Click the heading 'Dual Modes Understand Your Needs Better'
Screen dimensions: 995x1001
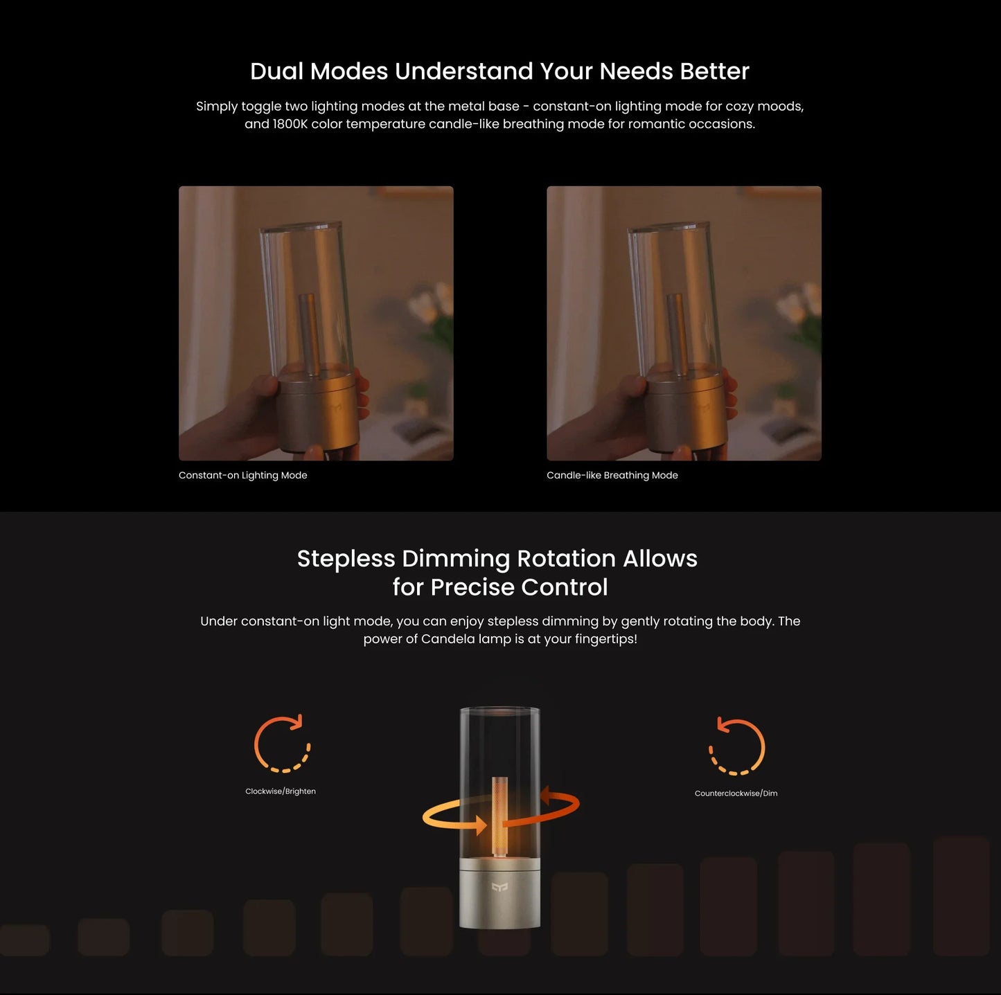point(499,71)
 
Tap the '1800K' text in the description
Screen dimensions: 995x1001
point(290,124)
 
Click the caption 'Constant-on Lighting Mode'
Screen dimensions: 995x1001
point(242,475)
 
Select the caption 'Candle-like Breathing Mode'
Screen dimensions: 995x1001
point(612,475)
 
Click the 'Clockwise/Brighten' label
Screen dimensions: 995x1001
point(280,791)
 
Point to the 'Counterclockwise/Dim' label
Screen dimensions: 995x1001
point(736,794)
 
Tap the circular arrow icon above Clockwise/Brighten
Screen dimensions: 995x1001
point(282,744)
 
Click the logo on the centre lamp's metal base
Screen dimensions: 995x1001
point(499,888)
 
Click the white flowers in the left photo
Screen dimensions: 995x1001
point(427,305)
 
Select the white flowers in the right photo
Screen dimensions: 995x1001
point(795,305)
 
